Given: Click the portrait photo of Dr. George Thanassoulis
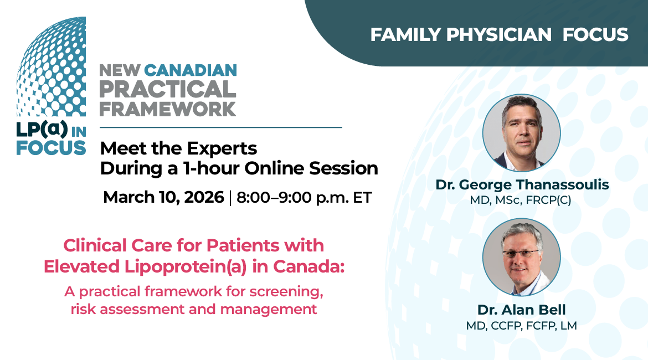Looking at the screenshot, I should pyautogui.click(x=521, y=133).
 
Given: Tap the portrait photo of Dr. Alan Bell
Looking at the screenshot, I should pyautogui.click(x=521, y=257).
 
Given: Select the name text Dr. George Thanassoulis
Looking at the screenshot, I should pyautogui.click(x=522, y=185).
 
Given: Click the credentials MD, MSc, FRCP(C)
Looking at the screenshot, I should pyautogui.click(x=521, y=200).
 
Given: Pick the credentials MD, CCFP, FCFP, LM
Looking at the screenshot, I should pyautogui.click(x=521, y=325).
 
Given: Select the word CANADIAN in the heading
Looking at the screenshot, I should pyautogui.click(x=190, y=71).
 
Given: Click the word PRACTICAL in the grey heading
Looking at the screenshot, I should pyautogui.click(x=168, y=89).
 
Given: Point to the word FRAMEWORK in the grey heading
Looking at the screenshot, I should pyautogui.click(x=168, y=109).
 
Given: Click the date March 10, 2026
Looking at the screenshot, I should pyautogui.click(x=163, y=198).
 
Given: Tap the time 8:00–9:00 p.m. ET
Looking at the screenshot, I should pyautogui.click(x=305, y=198).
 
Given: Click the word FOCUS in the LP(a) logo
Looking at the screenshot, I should pyautogui.click(x=51, y=148).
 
